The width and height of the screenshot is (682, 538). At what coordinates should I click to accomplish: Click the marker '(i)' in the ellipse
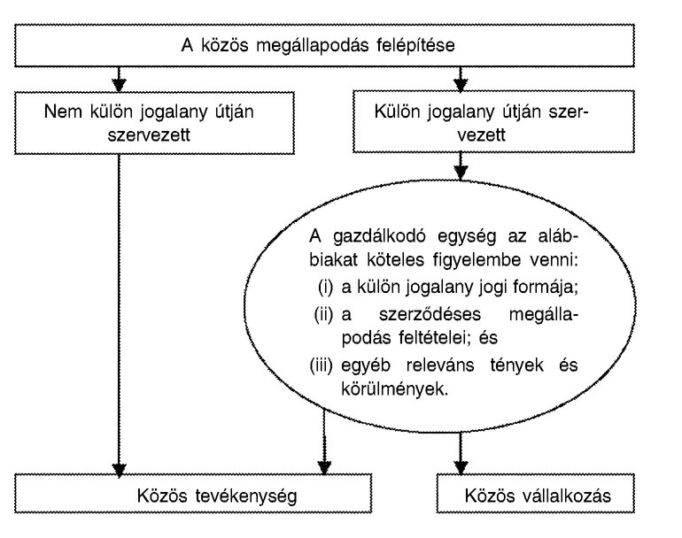pos(324,285)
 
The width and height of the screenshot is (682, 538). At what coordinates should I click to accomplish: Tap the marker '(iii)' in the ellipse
pos(324,365)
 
